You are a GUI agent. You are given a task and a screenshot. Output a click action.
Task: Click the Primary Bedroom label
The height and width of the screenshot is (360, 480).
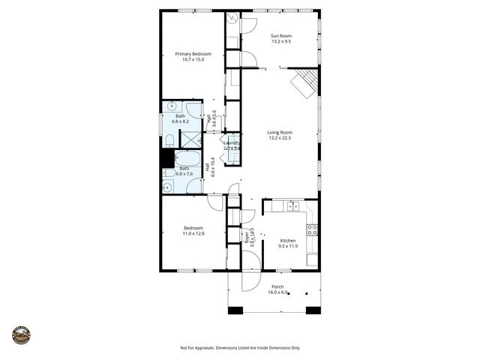coord(193,54)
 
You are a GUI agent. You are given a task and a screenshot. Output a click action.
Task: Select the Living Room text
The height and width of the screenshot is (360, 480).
coord(280,133)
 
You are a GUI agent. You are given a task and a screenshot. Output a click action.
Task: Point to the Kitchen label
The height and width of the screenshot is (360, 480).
coord(288,240)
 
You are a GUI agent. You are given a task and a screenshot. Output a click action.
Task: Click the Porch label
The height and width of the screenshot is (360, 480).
coord(277,286)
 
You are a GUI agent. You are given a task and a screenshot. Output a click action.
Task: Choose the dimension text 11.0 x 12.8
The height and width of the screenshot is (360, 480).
coord(194,234)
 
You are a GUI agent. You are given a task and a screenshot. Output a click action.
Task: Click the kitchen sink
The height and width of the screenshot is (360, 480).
coord(293,205)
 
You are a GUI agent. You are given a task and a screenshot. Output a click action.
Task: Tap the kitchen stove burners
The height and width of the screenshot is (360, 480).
coord(313,230)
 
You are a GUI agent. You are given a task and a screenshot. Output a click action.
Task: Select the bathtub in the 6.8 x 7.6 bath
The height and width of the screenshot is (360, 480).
coord(188,159)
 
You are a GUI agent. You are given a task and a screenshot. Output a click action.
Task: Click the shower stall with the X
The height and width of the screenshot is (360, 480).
coord(192,139)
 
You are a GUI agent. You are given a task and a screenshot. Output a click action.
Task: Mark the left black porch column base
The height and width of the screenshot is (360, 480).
coord(235,310)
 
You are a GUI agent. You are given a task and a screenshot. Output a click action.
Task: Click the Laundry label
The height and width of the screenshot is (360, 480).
coord(231,142)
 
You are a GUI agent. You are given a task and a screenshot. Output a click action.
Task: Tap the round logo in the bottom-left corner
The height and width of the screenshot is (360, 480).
coord(21,334)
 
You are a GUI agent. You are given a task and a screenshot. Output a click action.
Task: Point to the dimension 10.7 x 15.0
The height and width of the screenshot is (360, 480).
coord(193,60)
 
